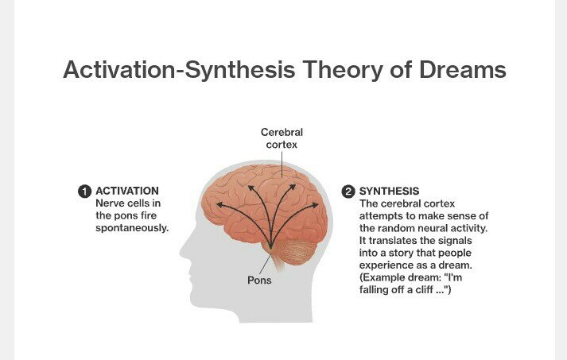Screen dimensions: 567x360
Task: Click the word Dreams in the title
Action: click(463, 69)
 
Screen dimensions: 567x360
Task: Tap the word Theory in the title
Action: click(342, 70)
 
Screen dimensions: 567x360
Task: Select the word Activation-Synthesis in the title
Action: click(179, 70)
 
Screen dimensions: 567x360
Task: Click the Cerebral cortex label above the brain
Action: click(282, 138)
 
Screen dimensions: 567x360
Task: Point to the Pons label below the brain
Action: click(259, 280)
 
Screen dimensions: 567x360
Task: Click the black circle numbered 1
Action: click(84, 192)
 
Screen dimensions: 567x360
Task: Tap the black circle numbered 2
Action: click(348, 192)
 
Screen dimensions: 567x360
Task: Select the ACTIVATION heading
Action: click(127, 191)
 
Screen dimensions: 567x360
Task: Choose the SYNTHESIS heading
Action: click(389, 191)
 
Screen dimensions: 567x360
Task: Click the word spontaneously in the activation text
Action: click(132, 228)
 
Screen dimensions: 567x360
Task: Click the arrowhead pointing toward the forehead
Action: click(220, 205)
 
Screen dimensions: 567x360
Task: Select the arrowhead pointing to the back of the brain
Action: click(314, 205)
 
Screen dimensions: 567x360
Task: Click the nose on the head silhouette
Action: click(184, 251)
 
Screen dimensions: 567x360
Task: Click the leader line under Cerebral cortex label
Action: click(282, 165)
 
